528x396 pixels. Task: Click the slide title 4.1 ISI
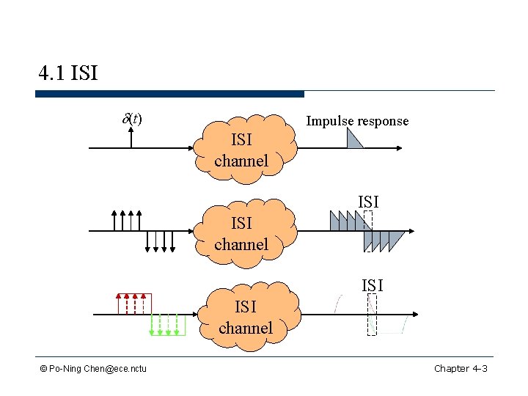[67, 73]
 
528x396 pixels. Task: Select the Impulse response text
[357, 121]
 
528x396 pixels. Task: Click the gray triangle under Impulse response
[354, 139]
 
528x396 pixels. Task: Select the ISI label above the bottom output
[372, 285]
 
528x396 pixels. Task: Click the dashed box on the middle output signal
[368, 231]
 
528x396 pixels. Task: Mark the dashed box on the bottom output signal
[372, 315]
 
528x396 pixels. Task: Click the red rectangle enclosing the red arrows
[134, 304]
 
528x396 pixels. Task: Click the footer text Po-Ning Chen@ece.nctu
[93, 368]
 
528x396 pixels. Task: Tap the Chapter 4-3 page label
[461, 368]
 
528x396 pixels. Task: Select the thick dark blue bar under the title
[169, 94]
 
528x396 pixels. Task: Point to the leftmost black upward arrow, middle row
[114, 220]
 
